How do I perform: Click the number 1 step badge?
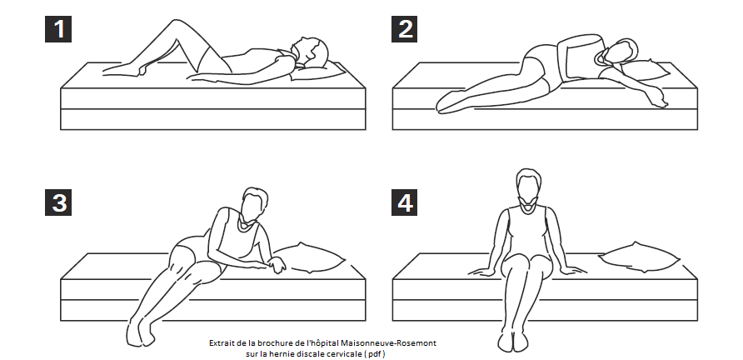pos(58,29)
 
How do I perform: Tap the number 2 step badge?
pos(404,29)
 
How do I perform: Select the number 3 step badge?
pos(58,202)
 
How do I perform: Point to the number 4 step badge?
pos(404,202)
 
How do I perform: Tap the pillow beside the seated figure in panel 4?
pos(639,257)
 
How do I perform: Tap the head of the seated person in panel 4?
pos(528,184)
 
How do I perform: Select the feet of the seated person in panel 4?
pos(513,341)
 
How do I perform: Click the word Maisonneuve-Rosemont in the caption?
pos(388,342)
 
